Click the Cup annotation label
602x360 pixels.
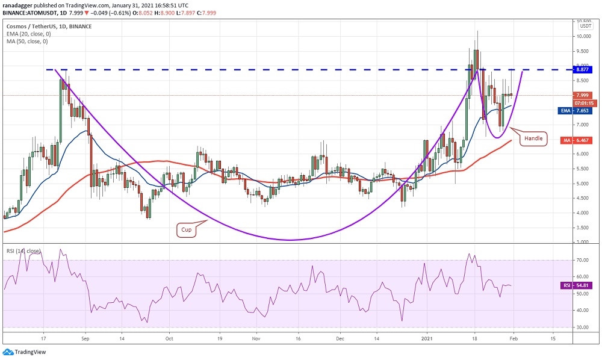187,229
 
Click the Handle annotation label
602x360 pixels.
533,138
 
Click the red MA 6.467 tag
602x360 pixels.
579,140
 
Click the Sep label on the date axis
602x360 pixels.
85,338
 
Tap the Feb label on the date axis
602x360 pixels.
512,338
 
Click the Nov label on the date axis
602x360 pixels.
256,338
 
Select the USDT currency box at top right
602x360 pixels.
585,25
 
